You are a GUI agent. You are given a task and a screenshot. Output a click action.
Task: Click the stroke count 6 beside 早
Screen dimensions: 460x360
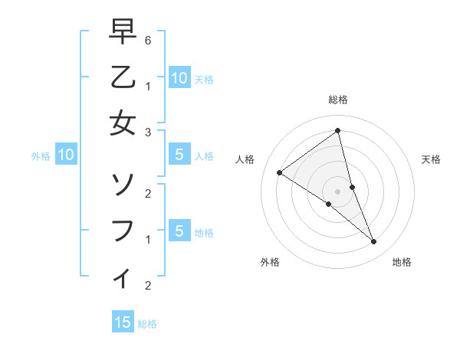coord(148,40)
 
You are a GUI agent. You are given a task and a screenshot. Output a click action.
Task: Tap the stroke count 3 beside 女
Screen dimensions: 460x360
coord(148,132)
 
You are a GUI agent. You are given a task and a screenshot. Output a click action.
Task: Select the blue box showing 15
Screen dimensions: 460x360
coord(123,322)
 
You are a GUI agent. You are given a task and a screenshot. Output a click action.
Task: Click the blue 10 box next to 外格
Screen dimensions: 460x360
coord(66,155)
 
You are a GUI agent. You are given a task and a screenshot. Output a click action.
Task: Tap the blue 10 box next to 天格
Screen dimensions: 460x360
coord(179,77)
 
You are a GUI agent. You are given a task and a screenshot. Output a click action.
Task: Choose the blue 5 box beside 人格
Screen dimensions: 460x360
coord(179,155)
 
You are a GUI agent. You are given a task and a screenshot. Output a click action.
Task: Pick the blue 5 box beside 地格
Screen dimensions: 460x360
coord(179,231)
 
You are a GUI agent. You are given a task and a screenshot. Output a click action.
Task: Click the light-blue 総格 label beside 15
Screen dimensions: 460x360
coord(147,324)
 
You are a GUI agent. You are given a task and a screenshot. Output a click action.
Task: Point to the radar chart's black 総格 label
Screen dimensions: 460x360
coord(338,100)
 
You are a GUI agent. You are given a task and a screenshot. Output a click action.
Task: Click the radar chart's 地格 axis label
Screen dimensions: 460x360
coord(402,262)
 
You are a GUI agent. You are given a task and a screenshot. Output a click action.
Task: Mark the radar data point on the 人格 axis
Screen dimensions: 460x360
coord(279,172)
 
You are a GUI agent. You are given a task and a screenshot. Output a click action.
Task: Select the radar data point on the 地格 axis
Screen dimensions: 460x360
coord(374,241)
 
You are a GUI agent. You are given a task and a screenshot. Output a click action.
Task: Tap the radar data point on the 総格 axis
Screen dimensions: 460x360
coord(338,130)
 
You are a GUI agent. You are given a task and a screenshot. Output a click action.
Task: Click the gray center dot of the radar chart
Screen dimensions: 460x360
coord(338,191)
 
